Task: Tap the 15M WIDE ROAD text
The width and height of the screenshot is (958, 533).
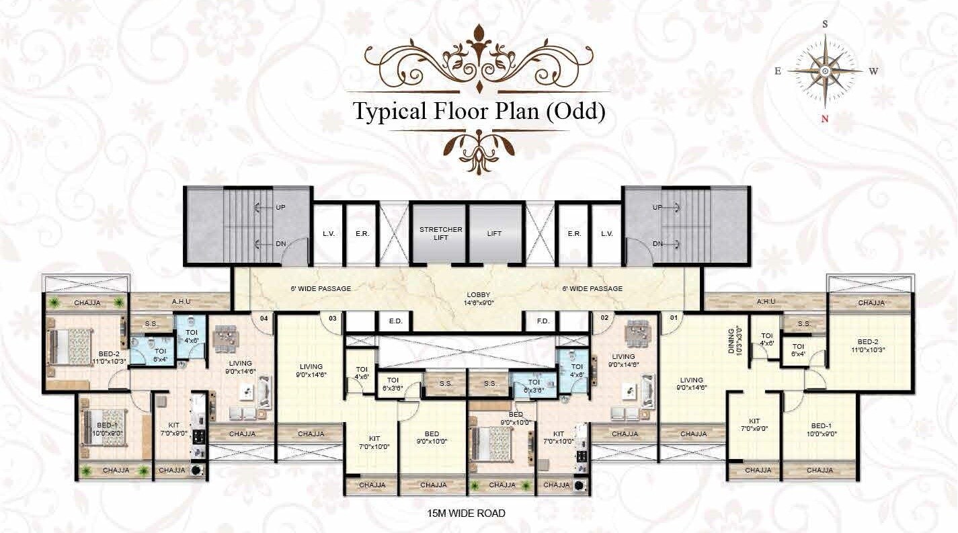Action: click(466, 513)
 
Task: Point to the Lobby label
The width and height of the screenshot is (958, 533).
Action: click(479, 298)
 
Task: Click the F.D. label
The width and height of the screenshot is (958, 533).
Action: click(543, 321)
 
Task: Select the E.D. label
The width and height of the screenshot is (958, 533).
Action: click(395, 321)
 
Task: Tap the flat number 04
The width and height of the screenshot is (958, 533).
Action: click(264, 318)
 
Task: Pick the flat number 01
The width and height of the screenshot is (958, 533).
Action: click(672, 318)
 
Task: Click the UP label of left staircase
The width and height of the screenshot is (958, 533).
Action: click(280, 208)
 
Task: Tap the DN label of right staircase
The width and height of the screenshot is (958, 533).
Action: click(658, 243)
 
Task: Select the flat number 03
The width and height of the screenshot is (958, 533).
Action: click(332, 318)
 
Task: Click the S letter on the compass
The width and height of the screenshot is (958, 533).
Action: click(825, 24)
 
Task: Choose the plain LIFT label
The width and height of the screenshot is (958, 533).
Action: click(495, 234)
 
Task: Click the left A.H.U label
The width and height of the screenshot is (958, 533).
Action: click(183, 302)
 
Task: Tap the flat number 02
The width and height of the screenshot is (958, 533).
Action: click(604, 318)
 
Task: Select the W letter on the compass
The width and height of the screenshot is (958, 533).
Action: click(873, 71)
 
